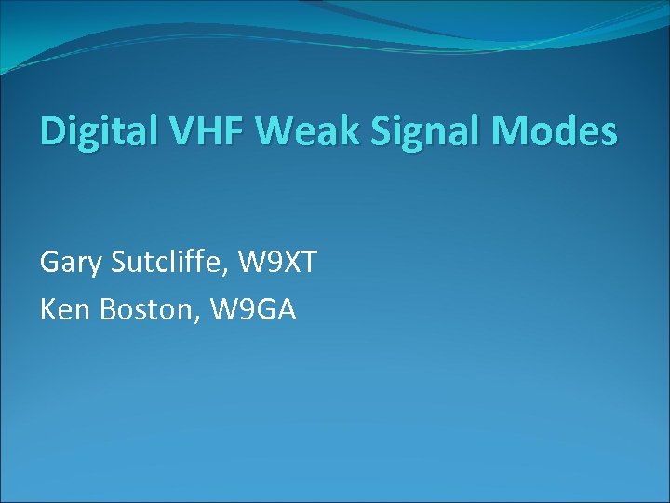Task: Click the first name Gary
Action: click(71, 264)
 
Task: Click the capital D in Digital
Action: click(52, 131)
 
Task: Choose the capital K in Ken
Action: click(48, 310)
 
